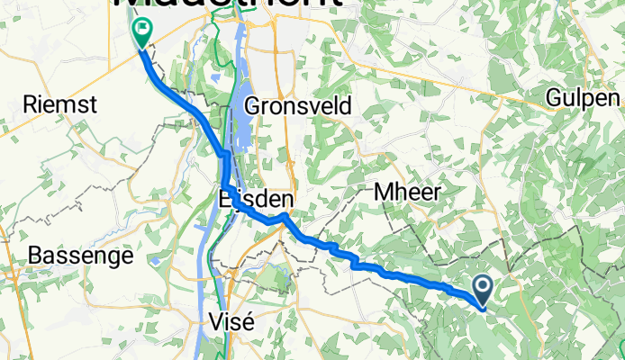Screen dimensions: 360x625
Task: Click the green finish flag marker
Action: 142,34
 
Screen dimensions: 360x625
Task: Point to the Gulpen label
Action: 584,98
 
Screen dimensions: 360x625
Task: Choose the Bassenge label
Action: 80,256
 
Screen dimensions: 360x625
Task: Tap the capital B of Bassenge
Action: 35,256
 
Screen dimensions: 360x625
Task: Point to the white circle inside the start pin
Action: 483,287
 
